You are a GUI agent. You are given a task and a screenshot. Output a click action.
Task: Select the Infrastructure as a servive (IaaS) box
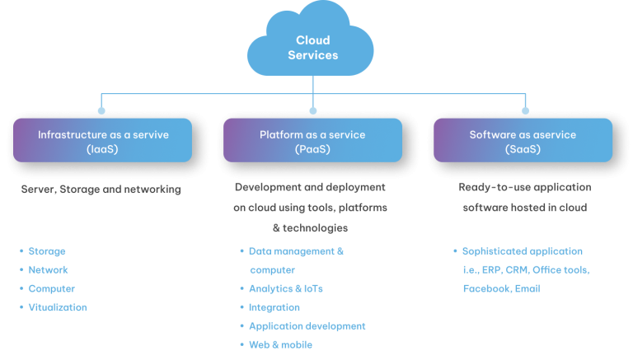pyautogui.click(x=103, y=140)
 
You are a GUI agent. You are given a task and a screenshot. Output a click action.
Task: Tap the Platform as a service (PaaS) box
pyautogui.click(x=313, y=140)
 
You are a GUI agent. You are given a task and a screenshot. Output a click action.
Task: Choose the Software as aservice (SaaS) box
pyautogui.click(x=523, y=140)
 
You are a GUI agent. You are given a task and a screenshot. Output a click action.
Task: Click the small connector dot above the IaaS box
pyautogui.click(x=101, y=109)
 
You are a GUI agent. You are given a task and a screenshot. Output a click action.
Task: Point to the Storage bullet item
pyautogui.click(x=47, y=251)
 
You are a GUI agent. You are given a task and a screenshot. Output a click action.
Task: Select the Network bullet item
pyautogui.click(x=48, y=269)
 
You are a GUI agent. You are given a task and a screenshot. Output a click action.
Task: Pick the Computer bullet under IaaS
pyautogui.click(x=51, y=288)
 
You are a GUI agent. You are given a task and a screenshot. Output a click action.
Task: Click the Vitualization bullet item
pyautogui.click(x=57, y=307)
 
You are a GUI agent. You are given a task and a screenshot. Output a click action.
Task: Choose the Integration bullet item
pyautogui.click(x=274, y=307)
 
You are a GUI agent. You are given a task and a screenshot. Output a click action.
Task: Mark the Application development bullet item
pyautogui.click(x=307, y=326)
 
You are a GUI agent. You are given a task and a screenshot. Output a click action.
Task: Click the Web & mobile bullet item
pyautogui.click(x=280, y=345)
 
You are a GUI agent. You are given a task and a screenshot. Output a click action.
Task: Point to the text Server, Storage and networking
pyautogui.click(x=100, y=189)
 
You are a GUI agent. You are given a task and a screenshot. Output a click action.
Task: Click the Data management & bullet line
pyautogui.click(x=296, y=250)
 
